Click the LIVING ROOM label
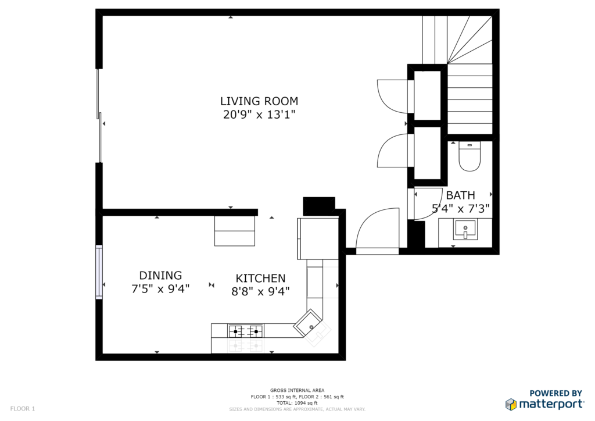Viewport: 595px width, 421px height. click(259, 101)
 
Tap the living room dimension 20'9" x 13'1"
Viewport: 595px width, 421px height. click(259, 115)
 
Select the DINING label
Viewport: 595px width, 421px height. click(160, 276)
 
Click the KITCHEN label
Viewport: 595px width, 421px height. click(260, 279)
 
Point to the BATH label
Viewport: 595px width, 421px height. click(460, 195)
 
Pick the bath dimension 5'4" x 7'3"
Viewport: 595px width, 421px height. click(461, 208)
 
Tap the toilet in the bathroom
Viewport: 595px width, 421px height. click(469, 156)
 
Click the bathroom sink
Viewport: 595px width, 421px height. click(465, 229)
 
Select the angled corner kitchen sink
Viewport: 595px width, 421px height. click(308, 323)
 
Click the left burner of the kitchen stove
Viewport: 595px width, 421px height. click(236, 332)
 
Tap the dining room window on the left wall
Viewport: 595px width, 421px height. click(99, 272)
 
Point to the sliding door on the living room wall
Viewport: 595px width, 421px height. click(99, 116)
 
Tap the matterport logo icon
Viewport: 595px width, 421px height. click(511, 404)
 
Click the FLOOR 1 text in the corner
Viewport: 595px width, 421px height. click(23, 409)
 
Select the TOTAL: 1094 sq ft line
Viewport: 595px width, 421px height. click(297, 403)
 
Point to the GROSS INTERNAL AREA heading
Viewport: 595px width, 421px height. click(297, 390)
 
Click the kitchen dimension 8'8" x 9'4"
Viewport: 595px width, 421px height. click(260, 291)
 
